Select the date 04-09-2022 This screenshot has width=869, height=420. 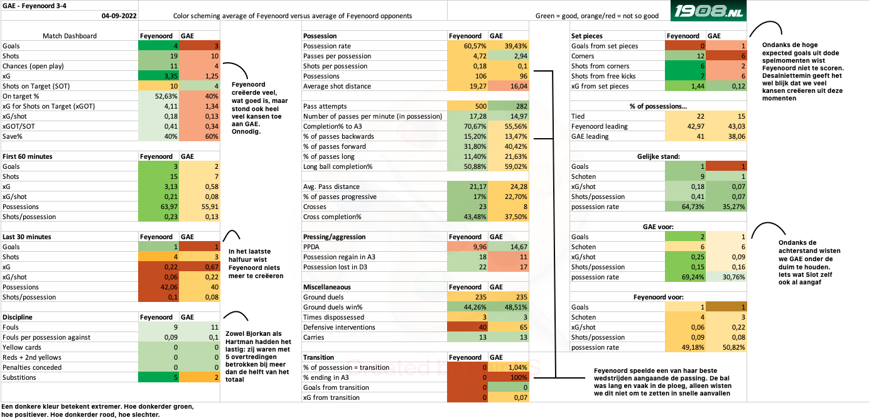pyautogui.click(x=119, y=15)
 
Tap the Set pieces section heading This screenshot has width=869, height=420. pyautogui.click(x=587, y=36)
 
